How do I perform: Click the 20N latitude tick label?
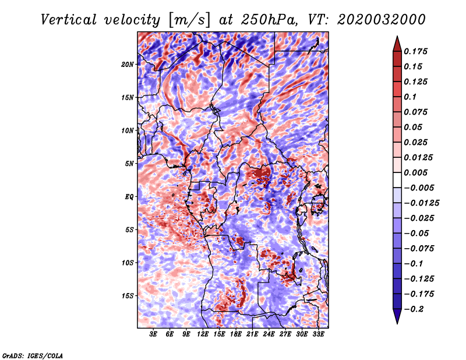tap(128, 65)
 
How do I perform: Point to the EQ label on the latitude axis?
tap(128, 197)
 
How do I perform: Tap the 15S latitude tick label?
tap(128, 296)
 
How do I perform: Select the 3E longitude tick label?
tap(153, 334)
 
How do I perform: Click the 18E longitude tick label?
tap(236, 334)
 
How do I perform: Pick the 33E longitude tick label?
tap(318, 334)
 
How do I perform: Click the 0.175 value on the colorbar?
tap(415, 51)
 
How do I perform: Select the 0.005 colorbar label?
tap(415, 172)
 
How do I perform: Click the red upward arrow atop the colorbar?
tap(397, 44)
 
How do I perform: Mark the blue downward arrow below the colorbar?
tap(397, 316)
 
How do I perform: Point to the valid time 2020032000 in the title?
tap(382, 20)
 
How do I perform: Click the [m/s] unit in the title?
tap(189, 20)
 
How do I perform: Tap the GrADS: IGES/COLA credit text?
tap(33, 356)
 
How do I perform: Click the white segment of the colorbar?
tap(397, 180)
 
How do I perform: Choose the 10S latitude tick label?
tap(128, 263)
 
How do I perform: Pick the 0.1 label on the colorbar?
tap(410, 97)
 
